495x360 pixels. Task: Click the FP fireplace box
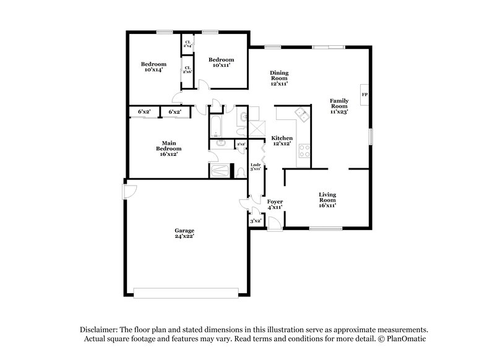[364, 95]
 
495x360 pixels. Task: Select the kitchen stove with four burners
[304, 150]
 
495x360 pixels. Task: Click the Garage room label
[184, 233]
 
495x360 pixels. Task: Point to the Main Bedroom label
[168, 149]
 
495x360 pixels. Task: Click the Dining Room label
[279, 78]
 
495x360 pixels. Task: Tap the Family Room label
[338, 106]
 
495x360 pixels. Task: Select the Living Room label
[327, 200]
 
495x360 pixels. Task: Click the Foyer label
[275, 204]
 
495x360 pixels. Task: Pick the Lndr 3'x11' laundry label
[254, 166]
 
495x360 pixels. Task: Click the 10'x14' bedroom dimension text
[153, 71]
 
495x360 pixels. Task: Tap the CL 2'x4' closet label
[187, 45]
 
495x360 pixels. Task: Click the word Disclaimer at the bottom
[100, 330]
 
